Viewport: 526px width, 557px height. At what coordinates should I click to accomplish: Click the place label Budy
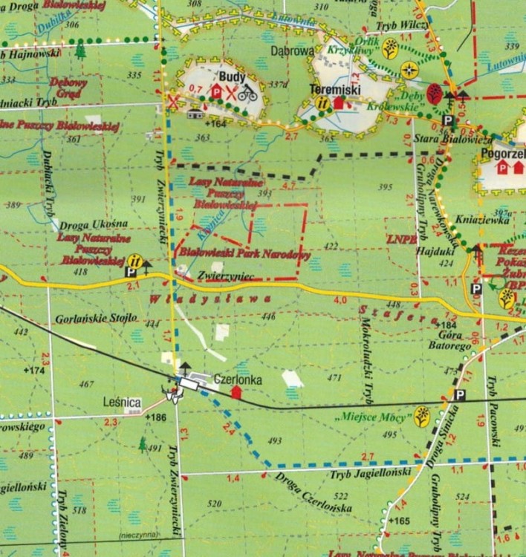coord(227,77)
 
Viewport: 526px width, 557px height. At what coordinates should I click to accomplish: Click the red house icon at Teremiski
coord(340,102)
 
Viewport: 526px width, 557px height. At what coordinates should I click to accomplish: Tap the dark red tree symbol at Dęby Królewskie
coord(434,93)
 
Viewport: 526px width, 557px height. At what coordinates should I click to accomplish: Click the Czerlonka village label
coord(237,379)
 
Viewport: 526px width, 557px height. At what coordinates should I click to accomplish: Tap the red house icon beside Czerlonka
coord(237,392)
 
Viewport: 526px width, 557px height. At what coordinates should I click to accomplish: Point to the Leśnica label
coord(122,403)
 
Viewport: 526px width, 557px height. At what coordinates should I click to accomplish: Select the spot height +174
coord(34,370)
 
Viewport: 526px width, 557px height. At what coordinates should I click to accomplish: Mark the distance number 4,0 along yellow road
coord(341,300)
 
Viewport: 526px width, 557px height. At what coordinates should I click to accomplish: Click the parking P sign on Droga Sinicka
coord(461,395)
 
